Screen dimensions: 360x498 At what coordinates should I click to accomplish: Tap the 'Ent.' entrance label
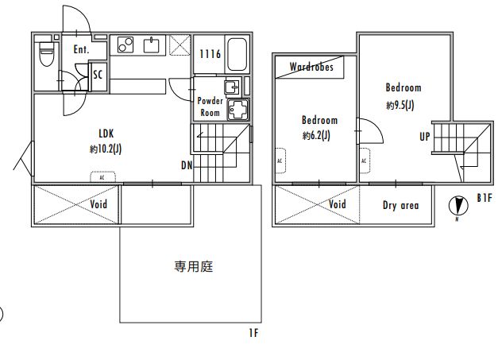coord(80,50)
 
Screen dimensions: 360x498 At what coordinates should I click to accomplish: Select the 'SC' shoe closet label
coord(98,75)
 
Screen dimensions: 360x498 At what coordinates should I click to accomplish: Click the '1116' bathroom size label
coord(210,54)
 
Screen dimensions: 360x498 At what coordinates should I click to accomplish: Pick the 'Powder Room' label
coord(210,106)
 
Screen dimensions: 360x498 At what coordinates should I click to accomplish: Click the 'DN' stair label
coord(187,165)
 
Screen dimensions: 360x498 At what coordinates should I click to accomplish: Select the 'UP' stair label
coord(425,136)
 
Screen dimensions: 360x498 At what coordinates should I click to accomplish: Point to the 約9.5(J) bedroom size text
coord(399,105)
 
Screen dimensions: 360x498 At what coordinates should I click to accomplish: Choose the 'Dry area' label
coord(400,205)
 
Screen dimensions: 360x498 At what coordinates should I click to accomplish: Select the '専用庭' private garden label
coord(194,267)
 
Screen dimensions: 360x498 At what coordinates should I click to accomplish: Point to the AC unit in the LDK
coord(102,177)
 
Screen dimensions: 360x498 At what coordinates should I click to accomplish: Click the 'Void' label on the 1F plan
coord(98,204)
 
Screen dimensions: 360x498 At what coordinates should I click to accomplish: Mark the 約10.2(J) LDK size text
coord(106,149)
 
